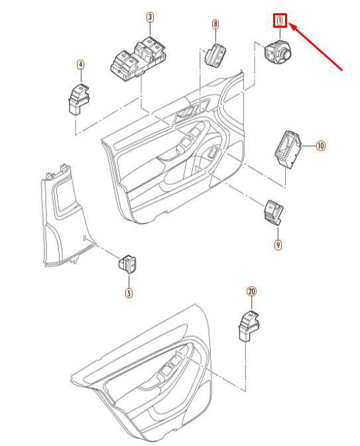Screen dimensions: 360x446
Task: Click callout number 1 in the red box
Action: coord(280,21)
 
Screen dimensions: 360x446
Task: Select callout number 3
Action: coord(150,17)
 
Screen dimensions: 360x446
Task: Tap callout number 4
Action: coord(81,65)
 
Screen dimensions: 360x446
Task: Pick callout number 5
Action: coord(129,293)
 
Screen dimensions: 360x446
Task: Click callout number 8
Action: coord(215,24)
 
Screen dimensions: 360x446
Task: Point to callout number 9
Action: coord(278,245)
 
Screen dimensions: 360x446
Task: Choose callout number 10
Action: coord(321,146)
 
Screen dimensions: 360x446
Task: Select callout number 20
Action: coord(251,292)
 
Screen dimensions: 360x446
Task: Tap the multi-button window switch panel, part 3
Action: coord(138,59)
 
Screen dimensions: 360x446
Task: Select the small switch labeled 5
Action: coord(127,264)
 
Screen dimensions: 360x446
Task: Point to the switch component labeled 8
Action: coord(215,54)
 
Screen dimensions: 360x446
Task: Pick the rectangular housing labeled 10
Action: coord(288,150)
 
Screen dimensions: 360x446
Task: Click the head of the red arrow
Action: coord(291,25)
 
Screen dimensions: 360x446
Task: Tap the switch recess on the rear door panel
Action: coord(171,366)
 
